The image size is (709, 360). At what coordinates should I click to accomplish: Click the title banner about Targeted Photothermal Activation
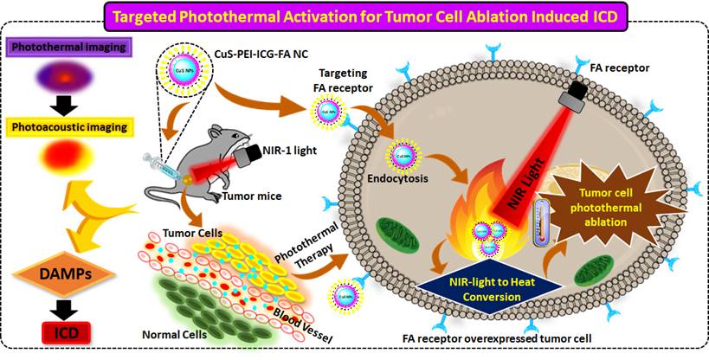click(x=354, y=15)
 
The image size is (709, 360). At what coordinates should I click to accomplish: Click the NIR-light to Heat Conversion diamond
click(x=486, y=287)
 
